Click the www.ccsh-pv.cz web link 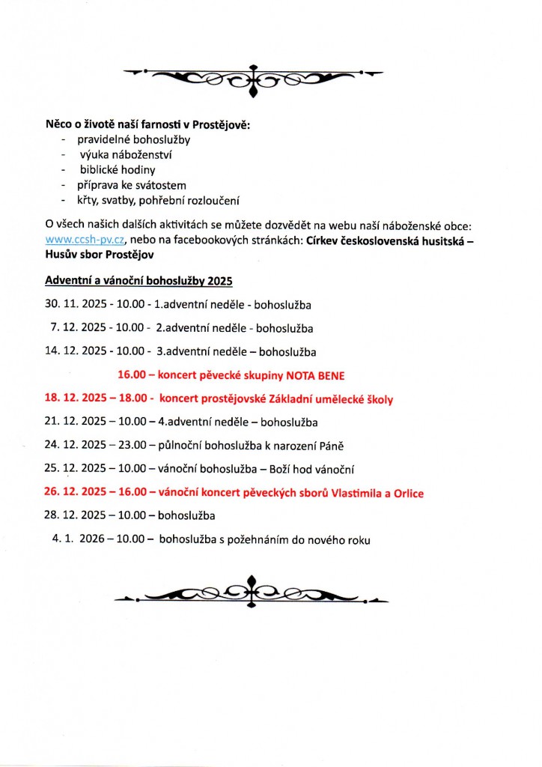[85, 240]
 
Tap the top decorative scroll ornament [253, 77]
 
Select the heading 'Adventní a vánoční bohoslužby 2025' [138, 281]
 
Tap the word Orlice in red [408, 493]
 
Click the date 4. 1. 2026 [80, 539]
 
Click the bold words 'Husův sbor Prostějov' [100, 255]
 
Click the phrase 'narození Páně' [313, 445]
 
